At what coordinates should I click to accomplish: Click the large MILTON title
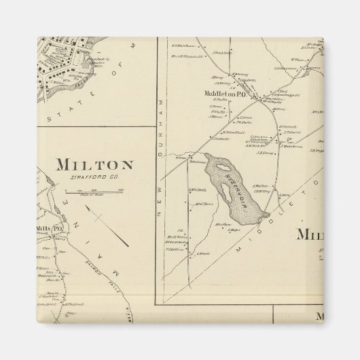click(x=94, y=165)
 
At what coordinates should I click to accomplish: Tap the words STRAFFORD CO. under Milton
click(x=95, y=178)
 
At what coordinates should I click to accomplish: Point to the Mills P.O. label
click(x=49, y=229)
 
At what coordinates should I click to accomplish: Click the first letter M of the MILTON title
click(x=63, y=165)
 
